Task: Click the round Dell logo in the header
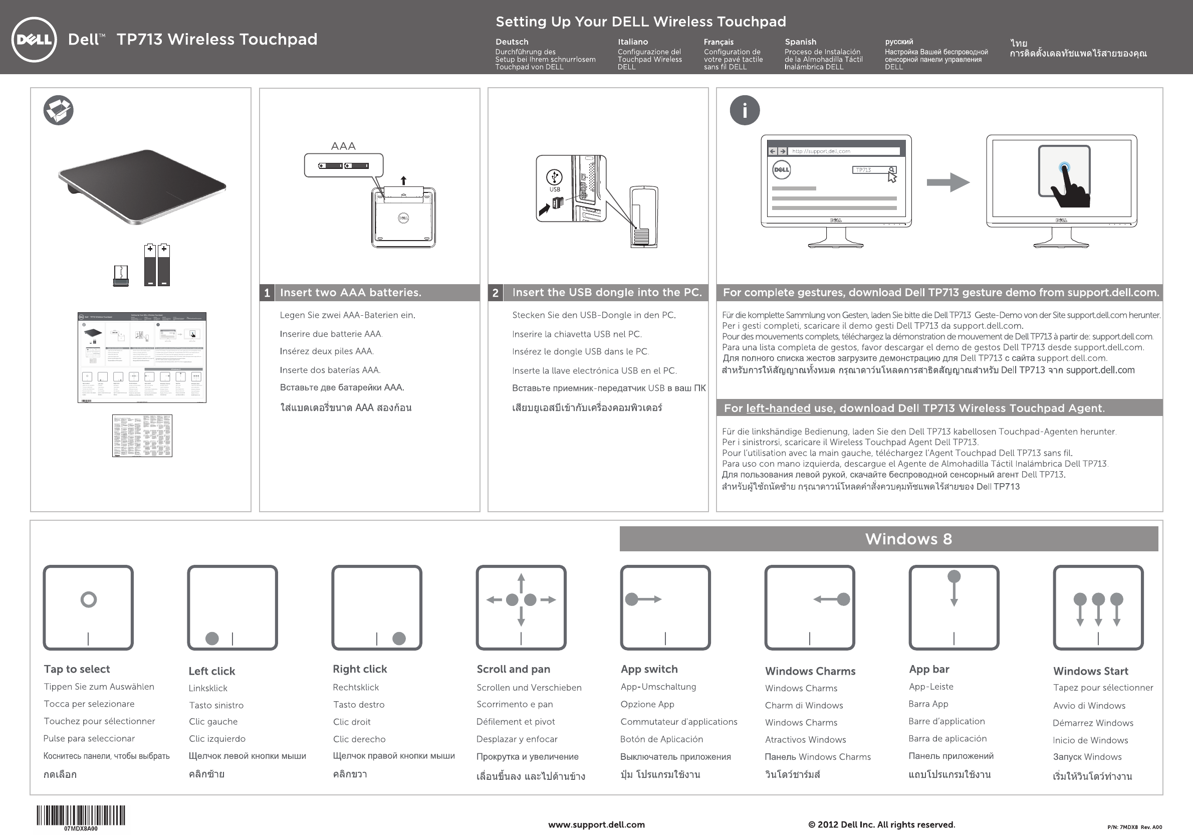coord(34,40)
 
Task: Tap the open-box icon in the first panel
coord(58,110)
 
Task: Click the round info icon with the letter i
coord(745,110)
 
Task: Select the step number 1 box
coord(267,293)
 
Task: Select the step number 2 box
coord(495,293)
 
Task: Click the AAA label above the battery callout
coord(343,146)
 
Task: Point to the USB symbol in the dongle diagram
coord(555,177)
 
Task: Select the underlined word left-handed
coord(778,408)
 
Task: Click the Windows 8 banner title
coord(908,539)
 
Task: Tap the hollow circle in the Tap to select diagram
coord(89,599)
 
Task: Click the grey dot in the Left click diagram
coord(212,639)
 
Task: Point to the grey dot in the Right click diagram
coord(399,639)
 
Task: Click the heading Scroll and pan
coord(514,669)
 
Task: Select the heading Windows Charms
coord(810,671)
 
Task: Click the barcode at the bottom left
coord(81,815)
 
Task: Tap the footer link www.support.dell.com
coord(596,824)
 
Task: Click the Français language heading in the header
coord(719,42)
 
